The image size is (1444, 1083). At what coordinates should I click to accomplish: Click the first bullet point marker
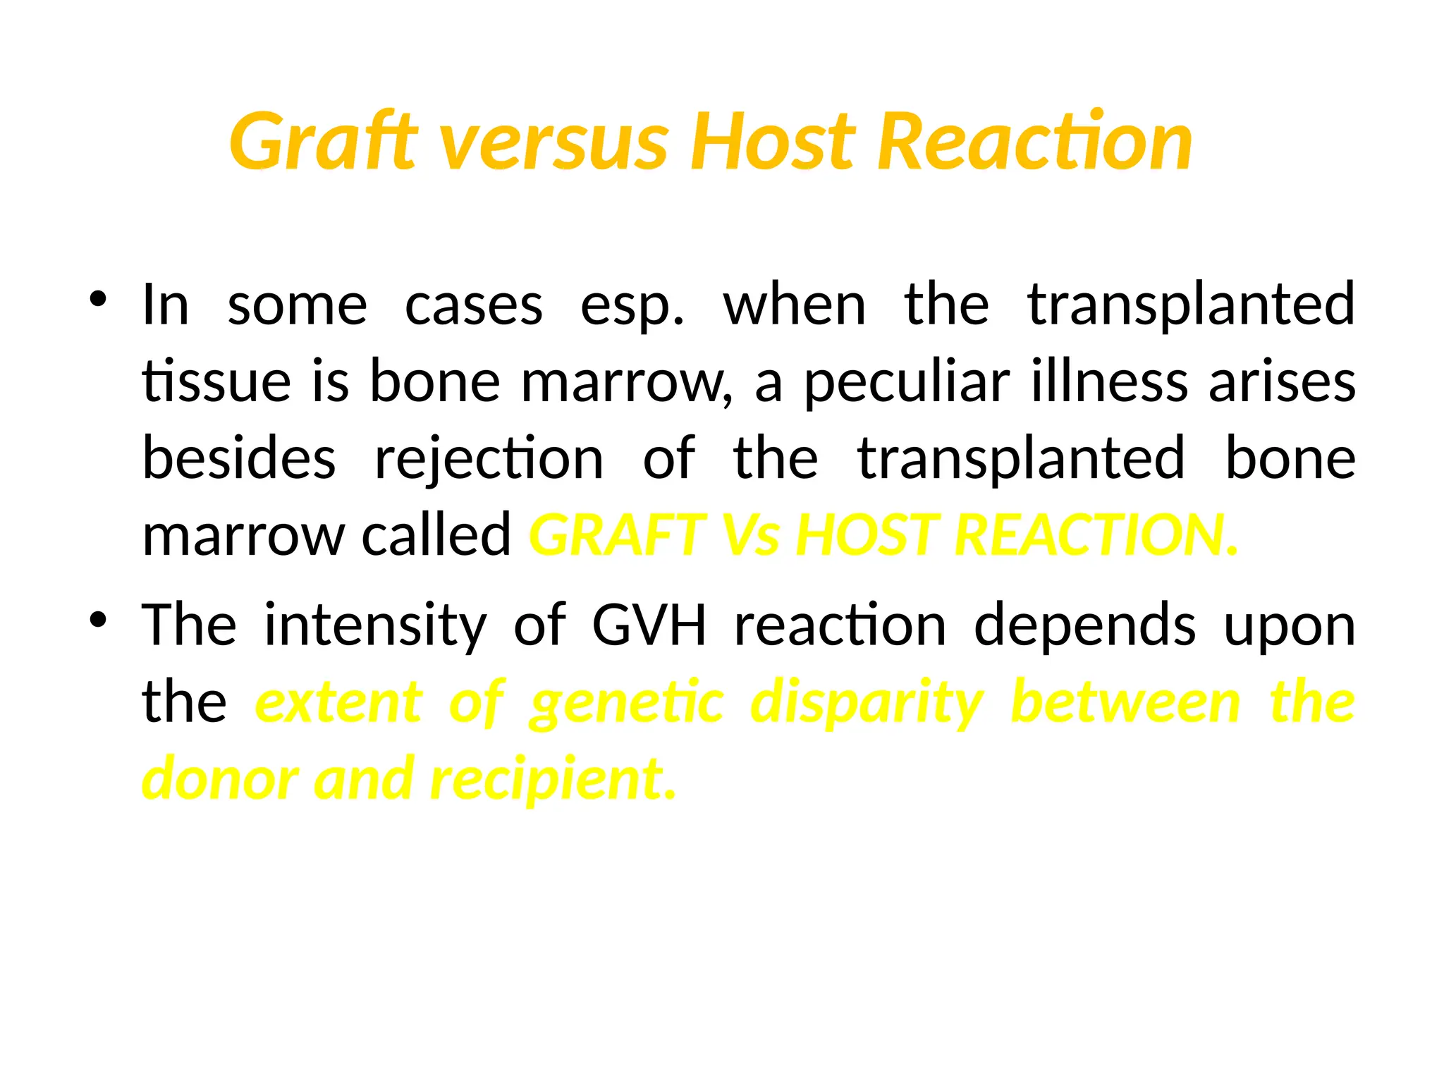pos(98,299)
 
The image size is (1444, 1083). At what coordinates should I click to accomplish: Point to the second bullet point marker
pos(98,620)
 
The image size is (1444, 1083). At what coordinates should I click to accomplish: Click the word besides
pos(239,458)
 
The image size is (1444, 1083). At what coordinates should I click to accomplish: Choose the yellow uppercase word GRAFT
pos(618,535)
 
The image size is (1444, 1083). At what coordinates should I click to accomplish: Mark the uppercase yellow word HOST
pos(867,535)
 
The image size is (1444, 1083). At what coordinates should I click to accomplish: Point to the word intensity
pos(375,626)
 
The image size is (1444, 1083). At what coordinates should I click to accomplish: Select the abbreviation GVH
pos(649,625)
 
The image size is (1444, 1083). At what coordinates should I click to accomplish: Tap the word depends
pos(1085,626)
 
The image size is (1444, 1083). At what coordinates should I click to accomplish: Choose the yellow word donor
pos(220,778)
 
